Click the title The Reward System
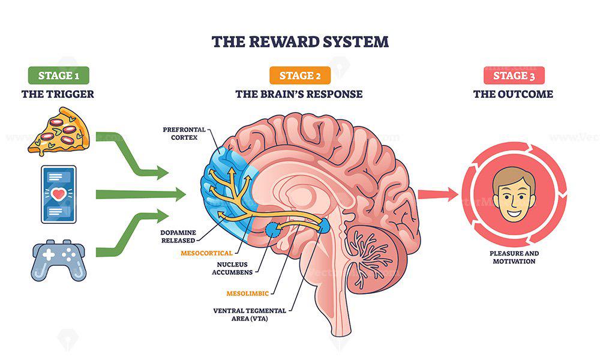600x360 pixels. (300, 41)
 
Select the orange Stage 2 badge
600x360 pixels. (298, 75)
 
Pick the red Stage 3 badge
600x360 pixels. (514, 75)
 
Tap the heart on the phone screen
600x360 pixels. (58, 194)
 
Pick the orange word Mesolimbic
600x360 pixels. (248, 293)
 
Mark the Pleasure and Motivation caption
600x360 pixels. (514, 257)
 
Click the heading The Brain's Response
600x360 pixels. (298, 94)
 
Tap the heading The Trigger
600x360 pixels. (58, 94)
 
